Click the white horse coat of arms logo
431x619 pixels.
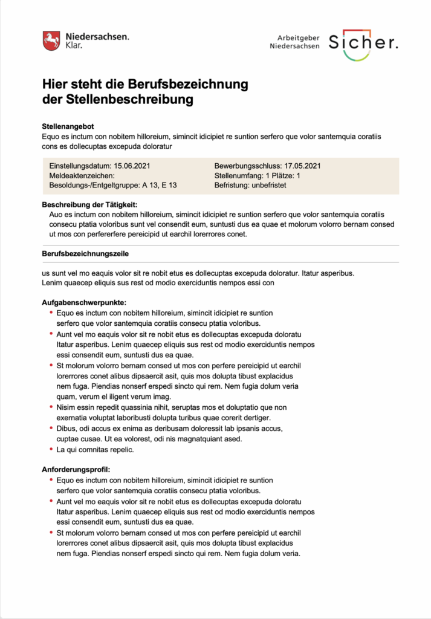pos(51,41)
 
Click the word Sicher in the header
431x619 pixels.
pos(363,42)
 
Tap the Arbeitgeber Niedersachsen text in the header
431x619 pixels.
pos(295,42)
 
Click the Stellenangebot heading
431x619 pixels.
pos(68,127)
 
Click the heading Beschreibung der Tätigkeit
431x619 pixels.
pos(90,205)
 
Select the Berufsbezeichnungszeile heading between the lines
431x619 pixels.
pos(85,254)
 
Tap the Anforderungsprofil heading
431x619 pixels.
pos(77,469)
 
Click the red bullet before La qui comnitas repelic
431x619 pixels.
pos(51,449)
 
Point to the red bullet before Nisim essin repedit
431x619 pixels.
pos(51,407)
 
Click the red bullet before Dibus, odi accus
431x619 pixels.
pos(51,428)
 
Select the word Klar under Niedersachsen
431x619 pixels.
pos(73,45)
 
